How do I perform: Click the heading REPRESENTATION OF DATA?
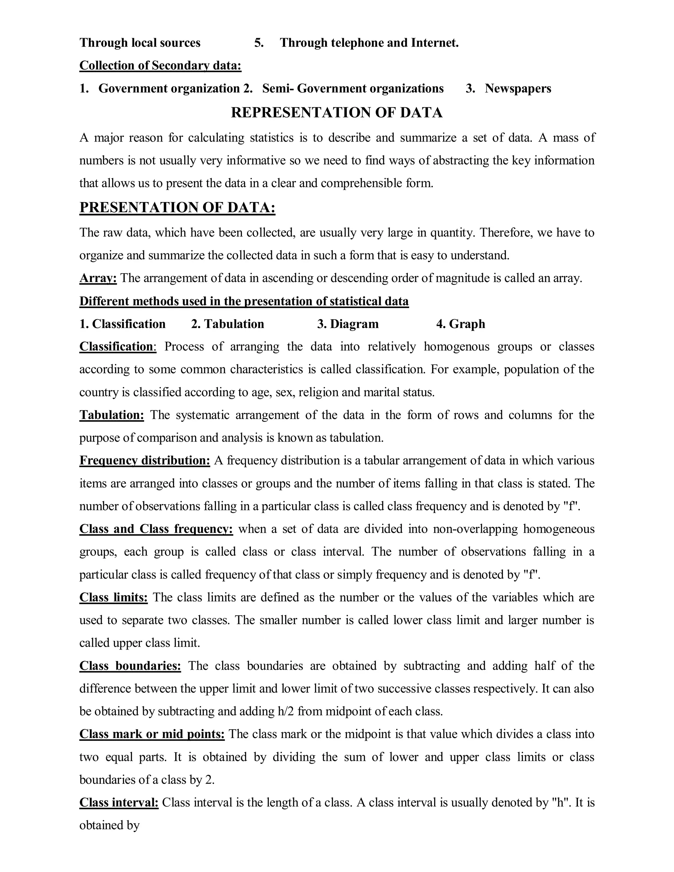tap(337, 113)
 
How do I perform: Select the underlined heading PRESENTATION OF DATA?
tap(177, 208)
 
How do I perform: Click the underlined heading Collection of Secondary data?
tap(160, 65)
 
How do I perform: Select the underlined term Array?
tap(98, 278)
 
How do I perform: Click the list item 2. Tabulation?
tap(228, 324)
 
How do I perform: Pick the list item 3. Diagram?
tap(348, 324)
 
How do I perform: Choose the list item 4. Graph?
tap(461, 324)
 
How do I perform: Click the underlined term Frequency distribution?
tap(144, 460)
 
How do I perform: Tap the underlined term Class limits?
tap(114, 597)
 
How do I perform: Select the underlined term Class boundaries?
tap(130, 666)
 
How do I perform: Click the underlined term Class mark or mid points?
tap(152, 734)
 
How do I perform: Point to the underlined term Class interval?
tap(119, 802)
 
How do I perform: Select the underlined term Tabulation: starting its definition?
tap(112, 415)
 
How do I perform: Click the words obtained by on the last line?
tap(109, 825)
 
